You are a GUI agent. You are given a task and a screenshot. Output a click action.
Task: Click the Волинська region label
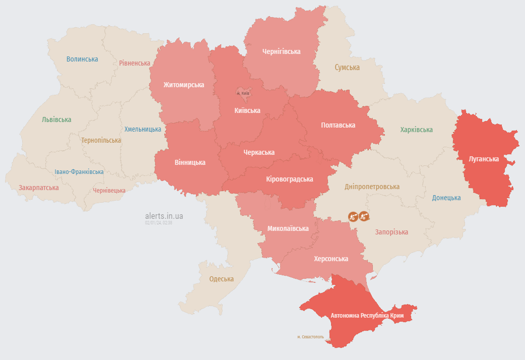pos(82,59)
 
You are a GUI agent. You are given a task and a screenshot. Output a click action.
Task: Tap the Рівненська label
pos(135,63)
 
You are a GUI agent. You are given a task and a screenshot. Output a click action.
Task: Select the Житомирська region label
pos(183,85)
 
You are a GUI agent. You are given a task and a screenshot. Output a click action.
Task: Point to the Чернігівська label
pos(281,51)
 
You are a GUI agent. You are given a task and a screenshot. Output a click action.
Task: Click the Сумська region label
pos(347,67)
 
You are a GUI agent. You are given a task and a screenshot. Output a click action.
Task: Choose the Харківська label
pos(416,130)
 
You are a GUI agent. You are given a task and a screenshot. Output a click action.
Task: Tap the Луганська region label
pos(484,159)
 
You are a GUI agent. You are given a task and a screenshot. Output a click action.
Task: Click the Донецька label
pos(446,198)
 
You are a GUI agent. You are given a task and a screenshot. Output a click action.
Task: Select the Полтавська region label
pos(338,125)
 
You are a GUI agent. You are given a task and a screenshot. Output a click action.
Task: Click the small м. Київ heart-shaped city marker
pos(243,93)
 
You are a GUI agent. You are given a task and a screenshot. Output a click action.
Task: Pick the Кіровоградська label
pos(289,179)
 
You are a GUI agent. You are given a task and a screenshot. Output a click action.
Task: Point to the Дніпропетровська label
pos(372,187)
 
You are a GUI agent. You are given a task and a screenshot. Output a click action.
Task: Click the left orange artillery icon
pos(353,216)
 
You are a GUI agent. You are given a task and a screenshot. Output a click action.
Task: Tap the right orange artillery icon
pos(364,216)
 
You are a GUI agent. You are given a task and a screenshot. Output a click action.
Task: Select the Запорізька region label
pos(391,232)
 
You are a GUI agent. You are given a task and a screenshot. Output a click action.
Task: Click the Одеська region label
pos(221,279)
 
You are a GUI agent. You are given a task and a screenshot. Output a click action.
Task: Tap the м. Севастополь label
pos(310,337)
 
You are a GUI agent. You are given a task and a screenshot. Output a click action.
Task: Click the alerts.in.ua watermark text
pos(164,216)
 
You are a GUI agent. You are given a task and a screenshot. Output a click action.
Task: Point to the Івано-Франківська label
pos(79,171)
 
